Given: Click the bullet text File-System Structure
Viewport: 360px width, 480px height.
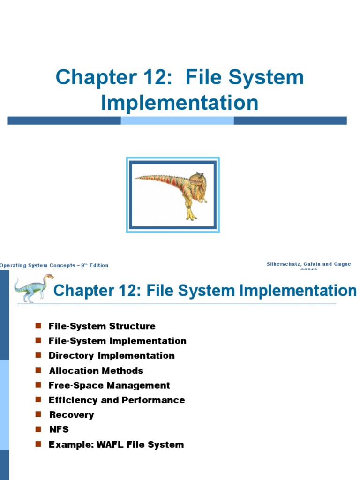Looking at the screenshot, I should click(102, 326).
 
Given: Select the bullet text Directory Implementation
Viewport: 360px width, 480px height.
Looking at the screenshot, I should click(112, 356).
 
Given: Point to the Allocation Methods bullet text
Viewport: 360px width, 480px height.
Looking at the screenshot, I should click(96, 371).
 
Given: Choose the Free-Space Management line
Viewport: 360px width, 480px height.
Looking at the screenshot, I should click(109, 385).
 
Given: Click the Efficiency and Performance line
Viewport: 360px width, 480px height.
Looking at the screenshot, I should click(117, 400).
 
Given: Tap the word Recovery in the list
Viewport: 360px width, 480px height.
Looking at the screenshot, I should click(71, 415).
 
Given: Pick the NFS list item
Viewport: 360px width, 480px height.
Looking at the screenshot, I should click(59, 430).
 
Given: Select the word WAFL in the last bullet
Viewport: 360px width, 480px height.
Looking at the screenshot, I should click(111, 445).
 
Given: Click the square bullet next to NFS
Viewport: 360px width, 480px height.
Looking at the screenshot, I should click(38, 429).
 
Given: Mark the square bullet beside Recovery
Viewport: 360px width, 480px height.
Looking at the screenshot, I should click(38, 414).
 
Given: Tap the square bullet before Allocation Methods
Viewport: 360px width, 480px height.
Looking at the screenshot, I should click(38, 370).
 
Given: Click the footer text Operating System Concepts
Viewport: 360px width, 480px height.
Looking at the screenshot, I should click(37, 265).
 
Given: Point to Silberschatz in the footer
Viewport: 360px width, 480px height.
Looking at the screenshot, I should click(285, 264).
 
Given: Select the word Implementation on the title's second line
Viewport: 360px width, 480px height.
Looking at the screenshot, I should click(180, 103).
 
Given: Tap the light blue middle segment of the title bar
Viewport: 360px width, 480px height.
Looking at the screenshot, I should click(177, 120).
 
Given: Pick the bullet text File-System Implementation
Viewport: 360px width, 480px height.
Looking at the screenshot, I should click(117, 341).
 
